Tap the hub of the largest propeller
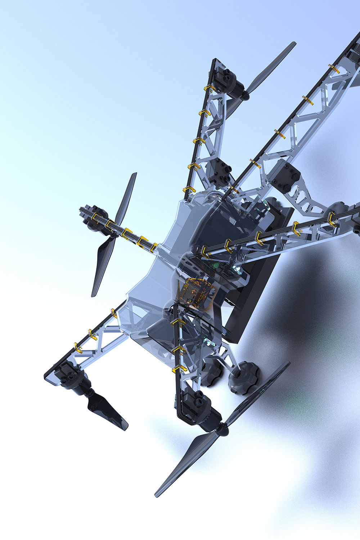(x=222, y=429)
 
